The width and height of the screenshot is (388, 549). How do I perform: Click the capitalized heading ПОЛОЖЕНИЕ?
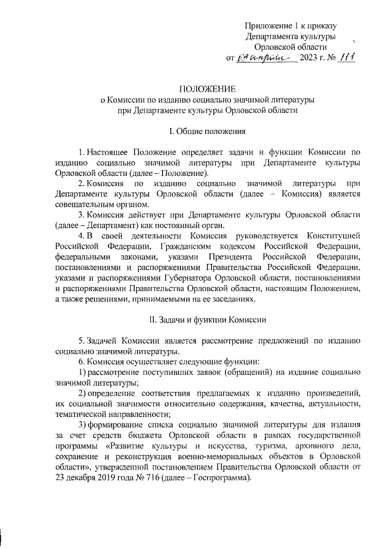coord(194,89)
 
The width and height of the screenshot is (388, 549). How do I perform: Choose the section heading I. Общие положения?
coord(193,130)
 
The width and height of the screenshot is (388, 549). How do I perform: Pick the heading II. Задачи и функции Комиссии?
coord(194,319)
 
